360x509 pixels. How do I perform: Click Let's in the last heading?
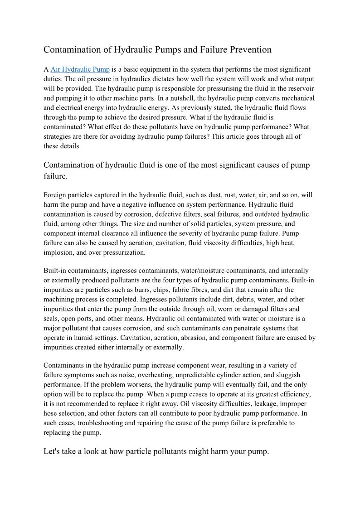(x=51, y=452)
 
